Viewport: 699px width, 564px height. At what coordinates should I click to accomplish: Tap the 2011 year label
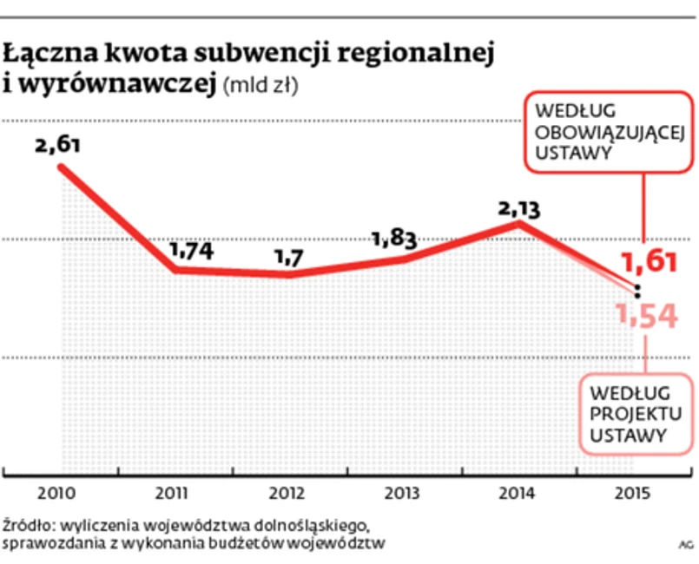175,495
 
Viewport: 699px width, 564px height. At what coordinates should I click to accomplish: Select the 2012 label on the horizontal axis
288,495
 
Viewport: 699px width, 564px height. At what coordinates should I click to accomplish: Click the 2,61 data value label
58,144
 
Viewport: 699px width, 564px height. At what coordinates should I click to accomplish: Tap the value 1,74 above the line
190,251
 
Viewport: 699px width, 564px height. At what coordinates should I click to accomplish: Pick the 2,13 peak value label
519,208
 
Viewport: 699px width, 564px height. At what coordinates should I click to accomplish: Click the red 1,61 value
650,262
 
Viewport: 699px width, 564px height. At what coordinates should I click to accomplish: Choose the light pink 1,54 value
647,318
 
